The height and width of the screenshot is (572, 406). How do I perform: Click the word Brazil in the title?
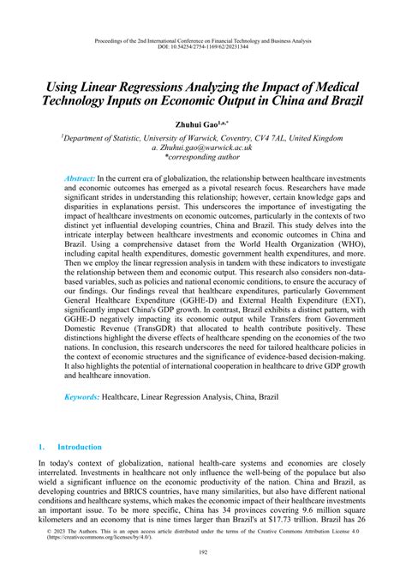tap(339, 100)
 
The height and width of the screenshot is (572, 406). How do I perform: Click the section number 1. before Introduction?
tap(40, 471)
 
